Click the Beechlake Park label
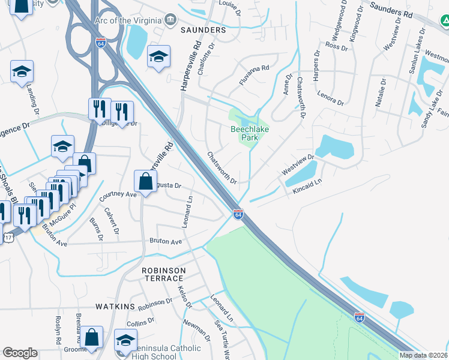tap(245, 133)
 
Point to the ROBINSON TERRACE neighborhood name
tap(162, 275)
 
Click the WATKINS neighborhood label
tap(115, 307)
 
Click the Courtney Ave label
tap(118, 194)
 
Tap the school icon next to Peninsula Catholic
tap(125, 340)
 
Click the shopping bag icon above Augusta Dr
tap(146, 179)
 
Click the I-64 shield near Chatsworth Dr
tap(238, 214)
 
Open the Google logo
tap(20, 353)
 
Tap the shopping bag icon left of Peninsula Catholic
tap(93, 337)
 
